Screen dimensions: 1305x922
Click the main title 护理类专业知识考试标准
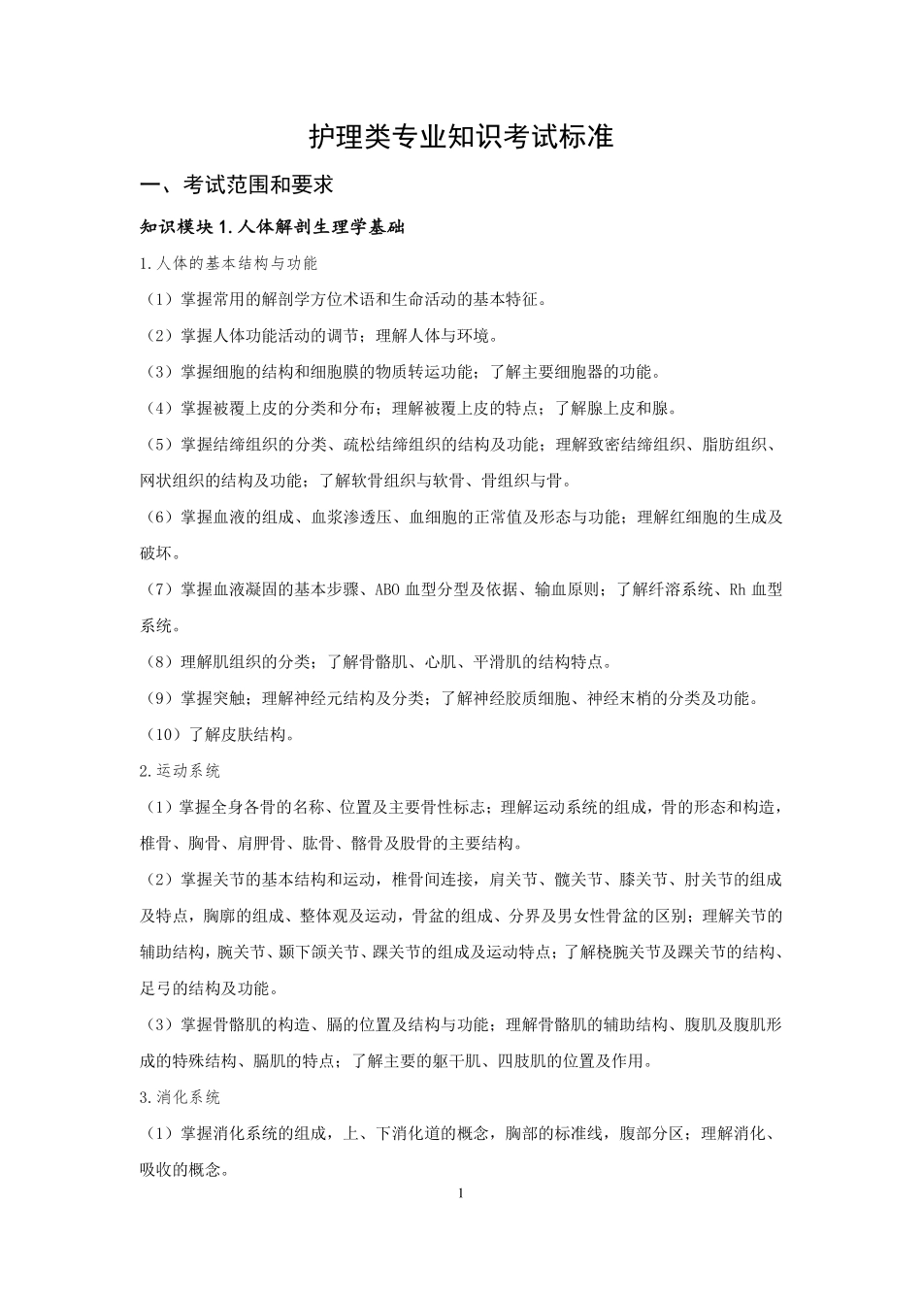[461, 137]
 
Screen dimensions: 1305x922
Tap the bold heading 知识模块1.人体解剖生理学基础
[272, 228]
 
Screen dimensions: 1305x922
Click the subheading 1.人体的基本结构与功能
[229, 263]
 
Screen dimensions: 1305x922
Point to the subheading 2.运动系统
[181, 771]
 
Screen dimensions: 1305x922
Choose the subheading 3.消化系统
[181, 1097]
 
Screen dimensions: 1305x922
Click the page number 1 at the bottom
[461, 1192]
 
